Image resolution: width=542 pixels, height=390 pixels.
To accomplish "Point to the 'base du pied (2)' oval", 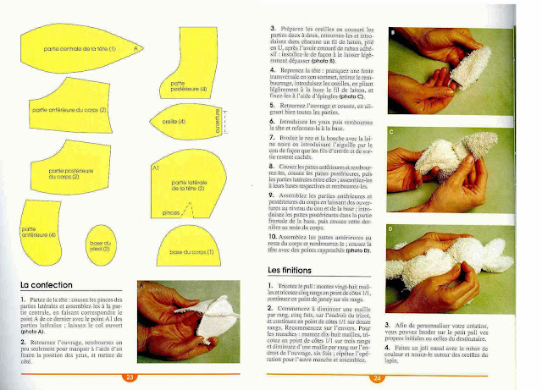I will click(x=101, y=246).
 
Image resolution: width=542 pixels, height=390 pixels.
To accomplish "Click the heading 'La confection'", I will click(x=47, y=285).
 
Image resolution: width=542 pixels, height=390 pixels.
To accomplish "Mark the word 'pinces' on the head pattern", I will click(x=169, y=215).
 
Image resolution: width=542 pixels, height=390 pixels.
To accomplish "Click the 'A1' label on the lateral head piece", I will click(x=155, y=168).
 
